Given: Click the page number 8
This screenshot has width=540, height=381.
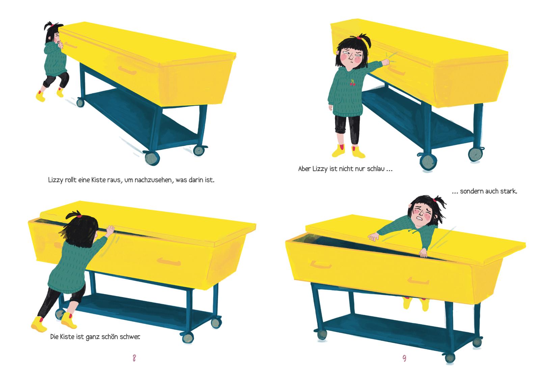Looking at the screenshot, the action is pyautogui.click(x=134, y=358).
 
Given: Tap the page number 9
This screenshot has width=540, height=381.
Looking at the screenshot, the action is pyautogui.click(x=404, y=358).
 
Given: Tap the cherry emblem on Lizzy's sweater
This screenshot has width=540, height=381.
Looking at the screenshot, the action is pyautogui.click(x=352, y=82).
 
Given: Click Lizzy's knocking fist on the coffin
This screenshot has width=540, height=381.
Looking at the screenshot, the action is pyautogui.click(x=386, y=62).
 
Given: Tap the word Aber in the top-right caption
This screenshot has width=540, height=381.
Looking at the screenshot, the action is pyautogui.click(x=304, y=169).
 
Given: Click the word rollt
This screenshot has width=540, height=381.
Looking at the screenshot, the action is pyautogui.click(x=71, y=180).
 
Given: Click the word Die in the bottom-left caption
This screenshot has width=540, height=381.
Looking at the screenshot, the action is pyautogui.click(x=54, y=337).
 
